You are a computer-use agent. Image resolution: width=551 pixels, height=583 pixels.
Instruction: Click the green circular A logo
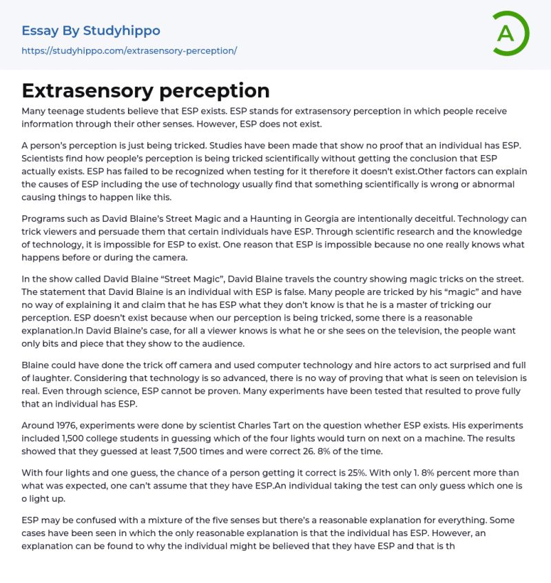[510, 33]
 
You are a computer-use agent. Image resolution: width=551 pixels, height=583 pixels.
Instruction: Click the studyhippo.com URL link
[129, 51]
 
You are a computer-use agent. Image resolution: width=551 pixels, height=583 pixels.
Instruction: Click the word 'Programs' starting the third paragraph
[45, 206]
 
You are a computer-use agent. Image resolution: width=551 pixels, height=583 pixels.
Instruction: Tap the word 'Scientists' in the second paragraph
[45, 158]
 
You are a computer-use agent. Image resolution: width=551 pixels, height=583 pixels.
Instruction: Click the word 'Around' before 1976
[39, 425]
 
